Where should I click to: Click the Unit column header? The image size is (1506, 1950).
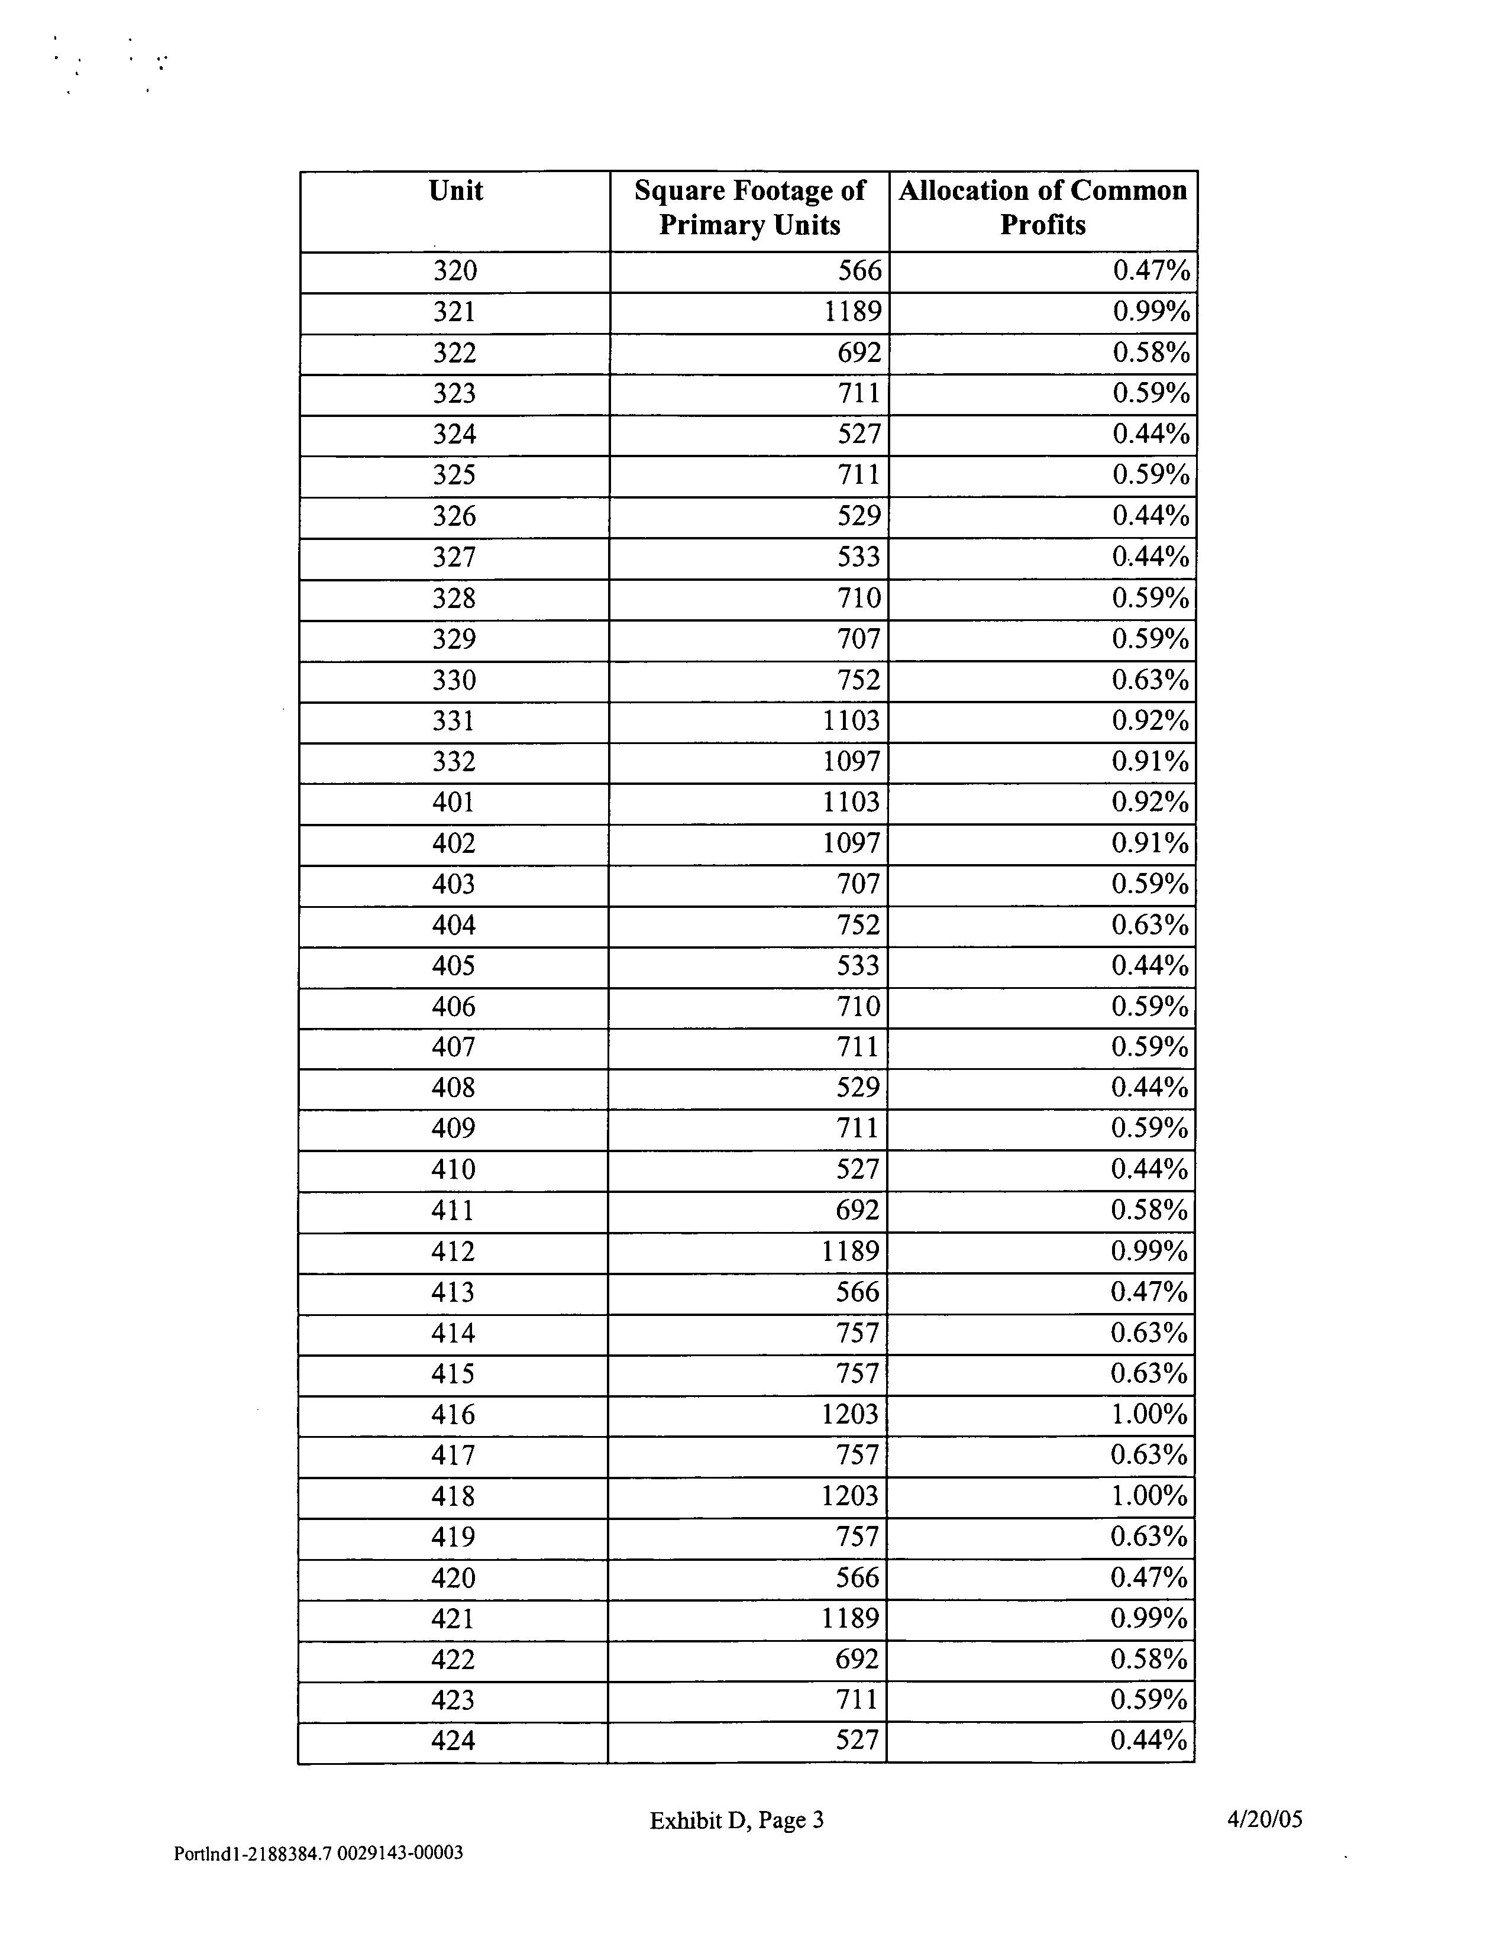pyautogui.click(x=455, y=191)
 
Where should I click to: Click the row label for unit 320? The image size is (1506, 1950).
pyautogui.click(x=455, y=270)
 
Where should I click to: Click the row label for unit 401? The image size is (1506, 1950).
pyautogui.click(x=454, y=803)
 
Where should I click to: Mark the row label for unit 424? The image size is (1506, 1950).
pyautogui.click(x=453, y=1740)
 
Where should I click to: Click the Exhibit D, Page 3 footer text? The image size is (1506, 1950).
pyautogui.click(x=736, y=1820)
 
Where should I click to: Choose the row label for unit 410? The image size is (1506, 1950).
pyautogui.click(x=453, y=1170)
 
